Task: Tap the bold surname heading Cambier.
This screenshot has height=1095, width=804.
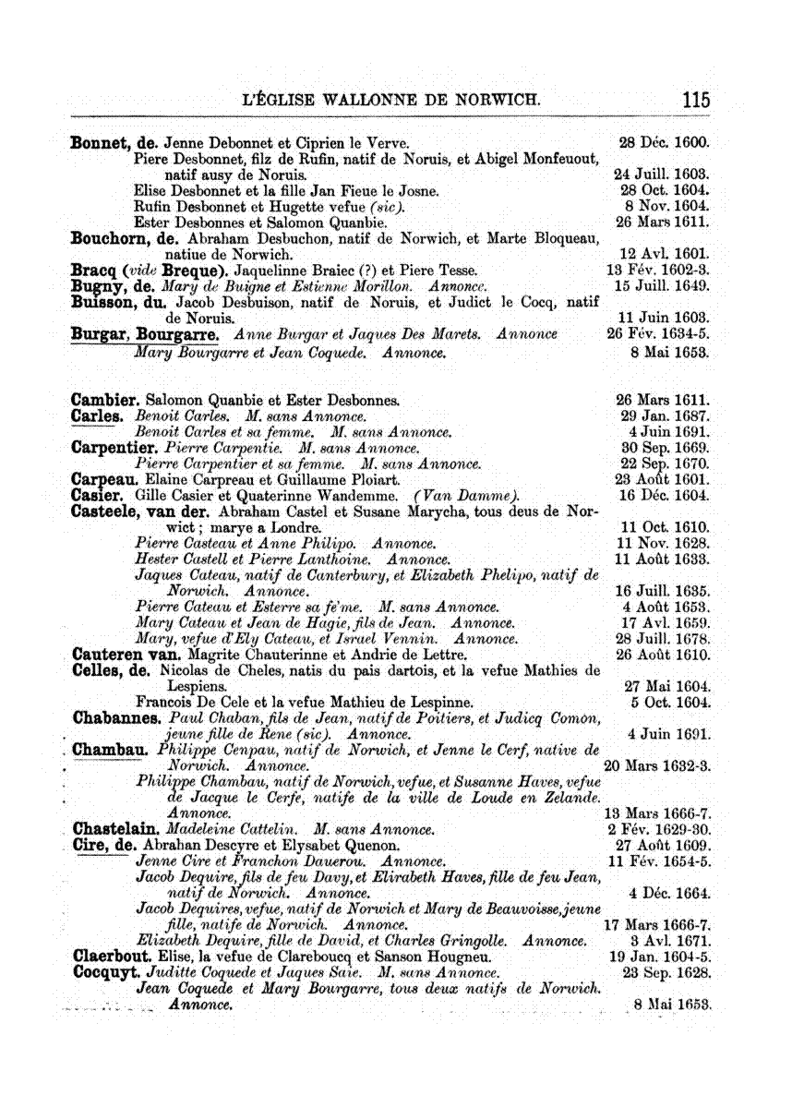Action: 105,400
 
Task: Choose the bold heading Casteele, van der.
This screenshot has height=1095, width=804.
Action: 141,511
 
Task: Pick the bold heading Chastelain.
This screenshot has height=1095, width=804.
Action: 116,827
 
